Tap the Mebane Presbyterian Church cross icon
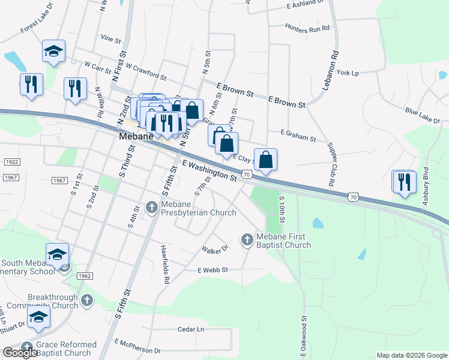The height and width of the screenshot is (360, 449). [x=151, y=208]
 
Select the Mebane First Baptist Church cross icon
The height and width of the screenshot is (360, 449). [x=246, y=240]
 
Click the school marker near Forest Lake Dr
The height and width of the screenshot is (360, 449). [x=54, y=52]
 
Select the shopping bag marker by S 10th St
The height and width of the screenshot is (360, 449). [x=265, y=160]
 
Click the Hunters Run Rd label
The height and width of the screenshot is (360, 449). [x=308, y=28]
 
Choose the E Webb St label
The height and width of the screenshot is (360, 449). [x=213, y=271]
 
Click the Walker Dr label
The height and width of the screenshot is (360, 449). [x=216, y=248]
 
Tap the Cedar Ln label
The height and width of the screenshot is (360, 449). [x=191, y=329]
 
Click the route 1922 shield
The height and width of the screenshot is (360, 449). [x=11, y=162]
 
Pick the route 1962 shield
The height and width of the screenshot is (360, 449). [x=85, y=275]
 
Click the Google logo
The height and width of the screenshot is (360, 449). [x=20, y=353]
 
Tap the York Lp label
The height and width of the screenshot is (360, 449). [x=348, y=73]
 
